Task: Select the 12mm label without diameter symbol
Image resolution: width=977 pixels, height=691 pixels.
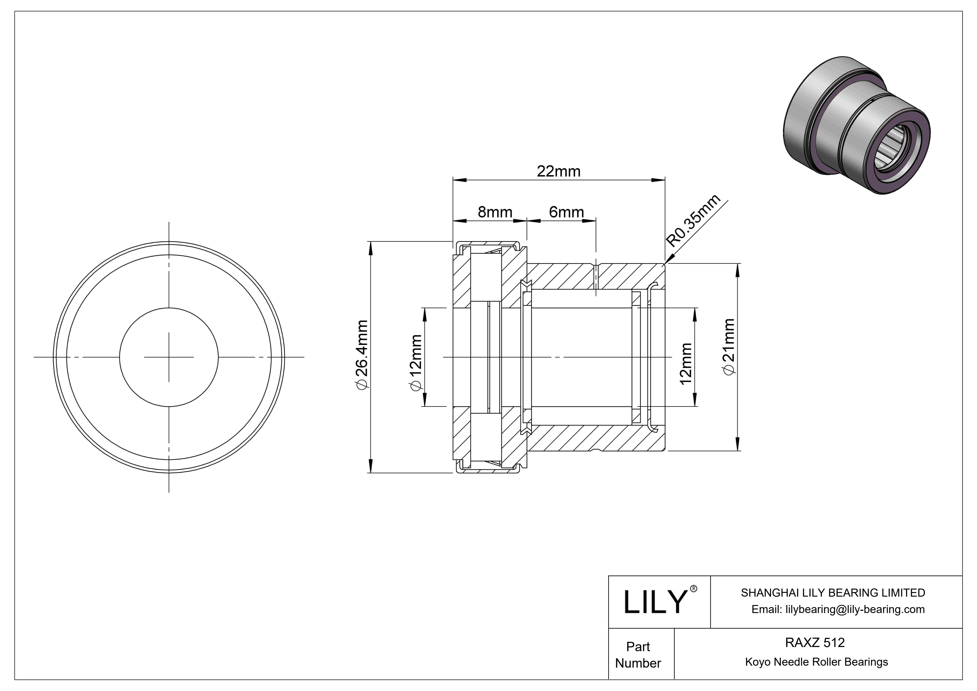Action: point(686,364)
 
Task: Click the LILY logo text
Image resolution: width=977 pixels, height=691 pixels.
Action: point(655,602)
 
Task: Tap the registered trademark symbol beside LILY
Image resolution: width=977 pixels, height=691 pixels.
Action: point(693,589)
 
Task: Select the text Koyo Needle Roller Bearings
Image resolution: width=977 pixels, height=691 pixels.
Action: point(816,662)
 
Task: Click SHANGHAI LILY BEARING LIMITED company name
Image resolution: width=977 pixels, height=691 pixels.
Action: point(833,593)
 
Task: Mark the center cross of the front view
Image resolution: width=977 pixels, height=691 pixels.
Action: point(169,357)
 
